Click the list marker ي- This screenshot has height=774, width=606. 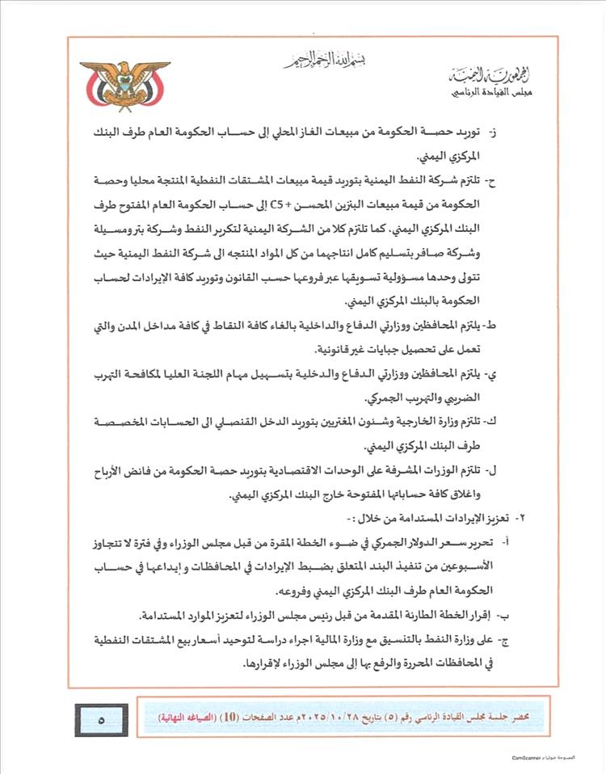[515, 376]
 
